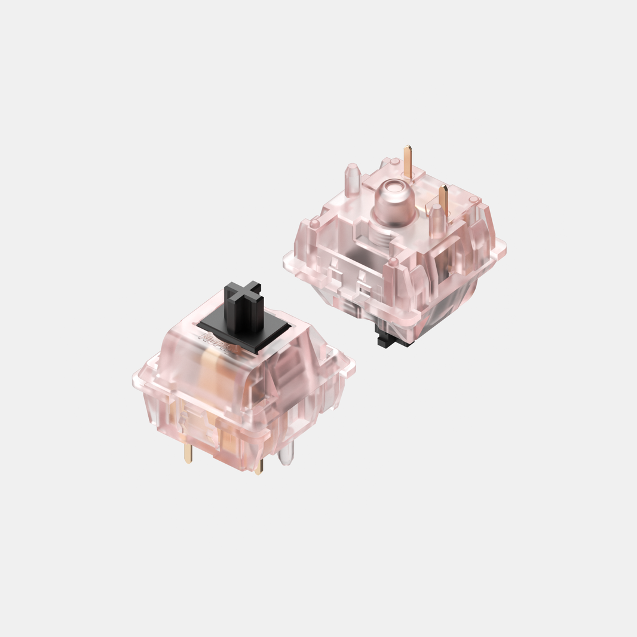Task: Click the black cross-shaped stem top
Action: pyautogui.click(x=243, y=292)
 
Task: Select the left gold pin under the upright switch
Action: pyautogui.click(x=188, y=454)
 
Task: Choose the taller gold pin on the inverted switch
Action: pyautogui.click(x=408, y=160)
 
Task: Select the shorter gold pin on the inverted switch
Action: pyautogui.click(x=443, y=200)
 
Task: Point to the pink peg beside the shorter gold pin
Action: pyautogui.click(x=437, y=221)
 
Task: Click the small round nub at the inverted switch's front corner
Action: pyautogui.click(x=393, y=262)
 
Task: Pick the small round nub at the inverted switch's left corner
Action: pyautogui.click(x=314, y=223)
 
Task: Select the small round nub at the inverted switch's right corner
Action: pyautogui.click(x=473, y=199)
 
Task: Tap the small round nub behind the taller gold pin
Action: pyautogui.click(x=395, y=161)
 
